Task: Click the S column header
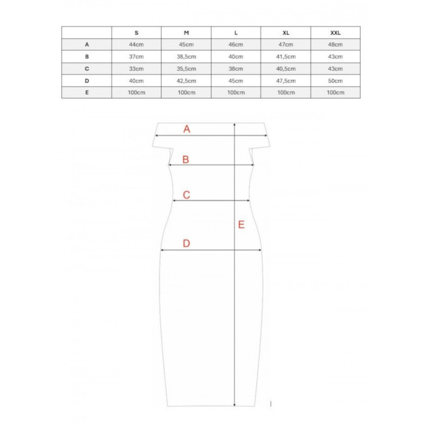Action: tap(136, 33)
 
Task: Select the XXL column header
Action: tap(335, 33)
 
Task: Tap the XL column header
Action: tap(286, 33)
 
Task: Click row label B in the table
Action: tap(87, 57)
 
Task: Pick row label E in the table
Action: tap(87, 93)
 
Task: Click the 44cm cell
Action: tap(136, 44)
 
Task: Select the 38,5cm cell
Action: tap(186, 57)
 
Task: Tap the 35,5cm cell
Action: tap(186, 69)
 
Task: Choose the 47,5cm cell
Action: tap(286, 81)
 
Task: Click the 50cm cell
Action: tap(335, 81)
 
